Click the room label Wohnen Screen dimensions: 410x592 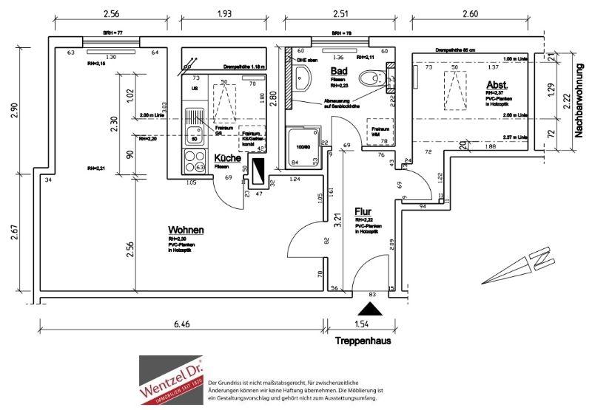click(x=186, y=230)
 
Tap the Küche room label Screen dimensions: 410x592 click(x=227, y=158)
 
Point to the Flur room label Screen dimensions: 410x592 click(x=363, y=211)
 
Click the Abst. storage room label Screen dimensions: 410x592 click(x=497, y=84)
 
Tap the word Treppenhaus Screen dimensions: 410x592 click(x=363, y=341)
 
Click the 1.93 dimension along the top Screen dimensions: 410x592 click(x=225, y=14)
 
